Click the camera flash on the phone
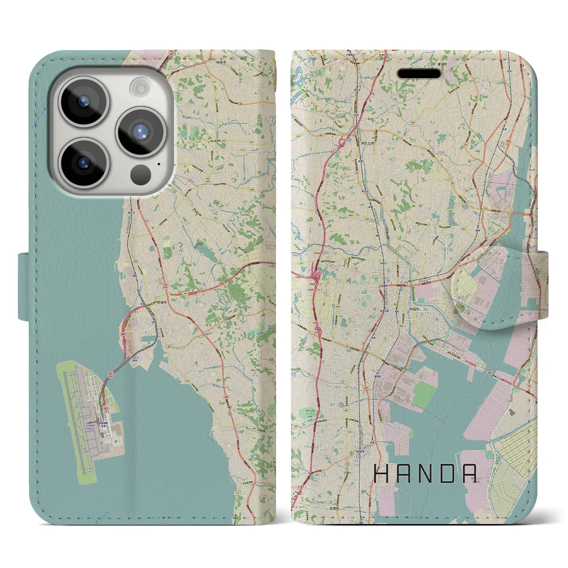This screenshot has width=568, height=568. [x=140, y=88]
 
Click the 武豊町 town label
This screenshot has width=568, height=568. [x=334, y=509]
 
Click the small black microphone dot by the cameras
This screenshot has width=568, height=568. [x=158, y=164]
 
